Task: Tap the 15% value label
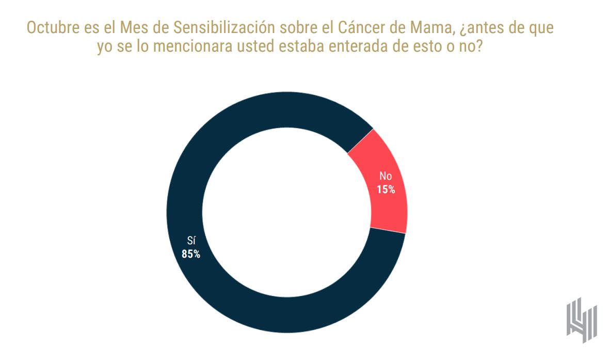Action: (x=386, y=190)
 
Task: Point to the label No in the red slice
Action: (x=386, y=177)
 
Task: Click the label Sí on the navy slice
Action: (x=191, y=241)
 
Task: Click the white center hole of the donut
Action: (x=286, y=212)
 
